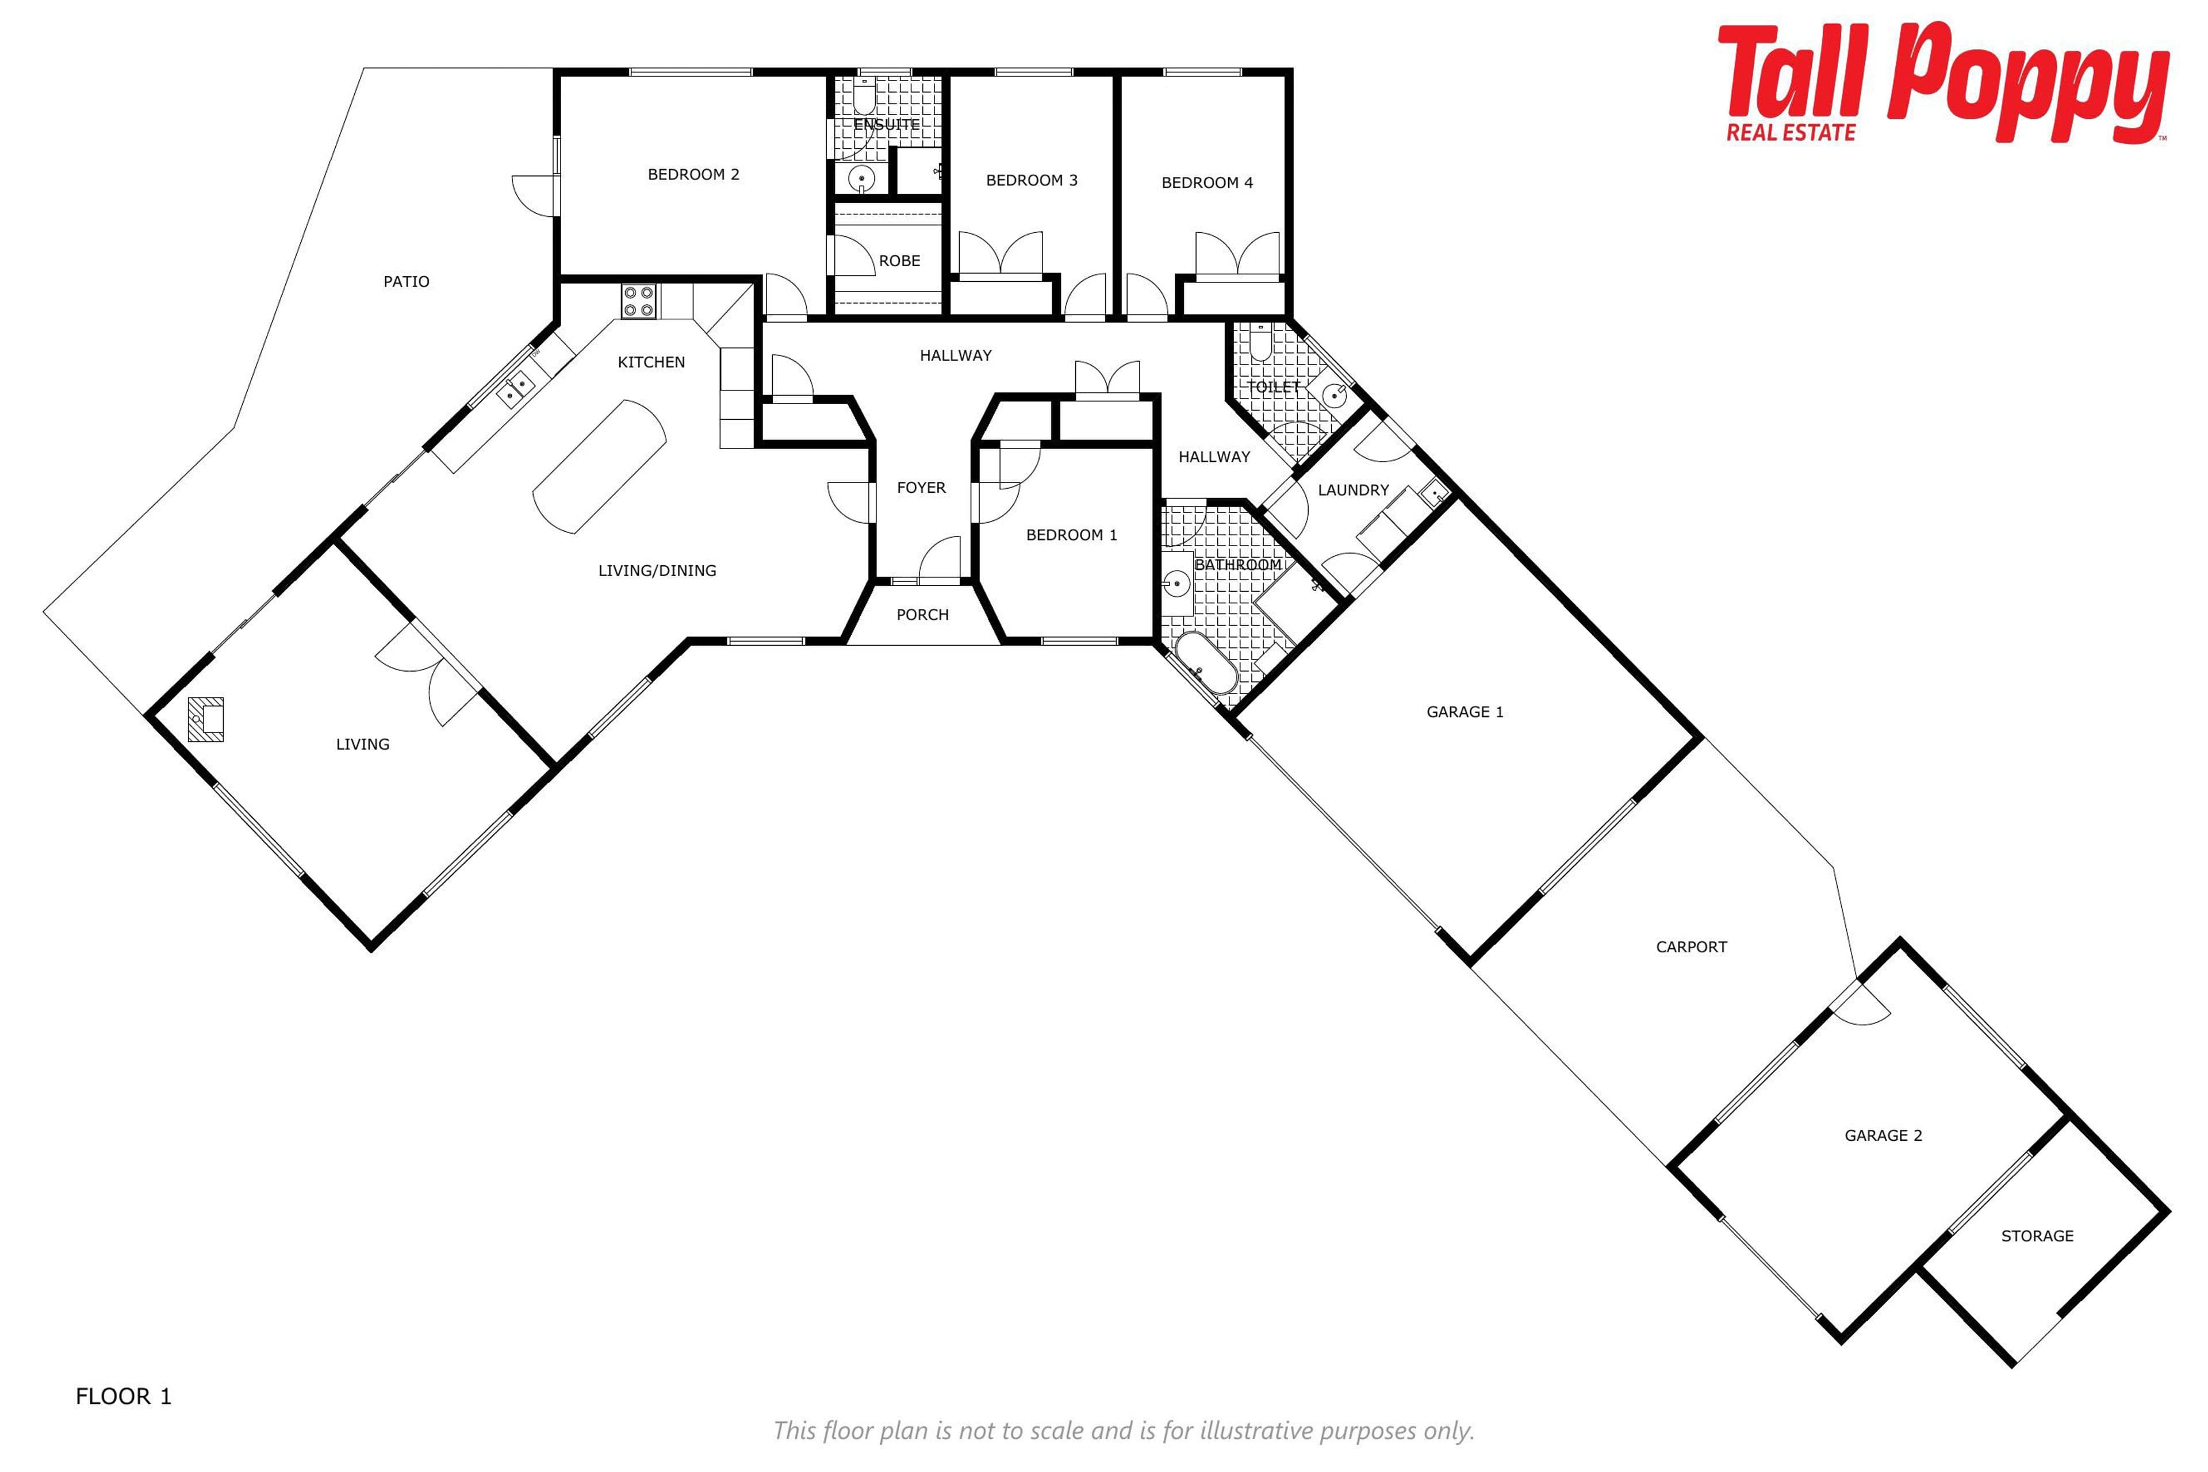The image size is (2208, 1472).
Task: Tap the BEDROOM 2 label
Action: pos(694,175)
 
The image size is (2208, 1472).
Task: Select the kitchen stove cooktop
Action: pos(639,301)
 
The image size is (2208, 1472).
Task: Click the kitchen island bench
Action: pos(600,466)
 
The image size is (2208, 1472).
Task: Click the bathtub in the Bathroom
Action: pos(1206,663)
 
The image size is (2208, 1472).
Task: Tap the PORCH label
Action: pos(923,615)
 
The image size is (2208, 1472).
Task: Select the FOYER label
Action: pos(921,488)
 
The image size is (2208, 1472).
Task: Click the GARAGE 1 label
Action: pos(1465,712)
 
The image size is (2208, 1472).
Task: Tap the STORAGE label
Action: pos(2037,1236)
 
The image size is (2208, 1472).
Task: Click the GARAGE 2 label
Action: pos(1883,1136)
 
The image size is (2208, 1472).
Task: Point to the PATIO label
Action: pos(407,282)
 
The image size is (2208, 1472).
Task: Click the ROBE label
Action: pos(899,261)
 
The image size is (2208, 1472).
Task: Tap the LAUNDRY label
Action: pos(1353,490)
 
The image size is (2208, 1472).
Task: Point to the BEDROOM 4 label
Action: pos(1207,183)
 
